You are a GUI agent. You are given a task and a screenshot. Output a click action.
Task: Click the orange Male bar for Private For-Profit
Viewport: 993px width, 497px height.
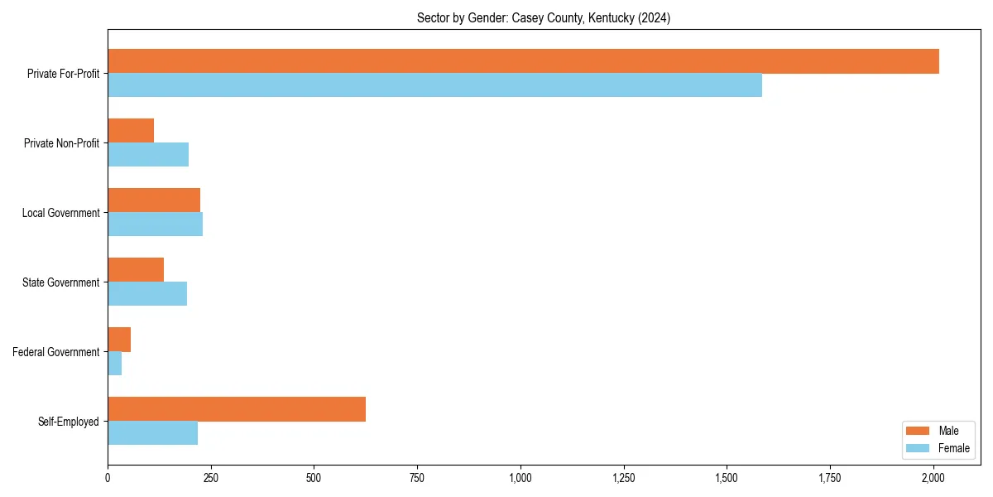coord(523,61)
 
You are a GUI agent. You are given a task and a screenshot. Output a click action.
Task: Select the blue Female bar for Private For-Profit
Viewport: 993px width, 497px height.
coord(434,85)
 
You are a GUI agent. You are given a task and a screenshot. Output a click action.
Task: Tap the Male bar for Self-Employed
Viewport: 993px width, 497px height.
coord(237,409)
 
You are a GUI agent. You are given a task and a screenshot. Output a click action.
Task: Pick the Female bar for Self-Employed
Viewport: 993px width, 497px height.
coord(152,433)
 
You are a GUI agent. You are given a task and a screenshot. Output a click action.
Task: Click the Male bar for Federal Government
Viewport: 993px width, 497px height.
coord(119,340)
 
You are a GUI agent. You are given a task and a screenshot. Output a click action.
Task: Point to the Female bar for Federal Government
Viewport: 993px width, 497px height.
coord(115,364)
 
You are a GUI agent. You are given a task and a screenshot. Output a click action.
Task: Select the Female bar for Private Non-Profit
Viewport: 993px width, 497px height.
coord(148,155)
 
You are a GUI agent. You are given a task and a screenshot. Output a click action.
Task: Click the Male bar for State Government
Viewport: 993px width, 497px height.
coord(136,270)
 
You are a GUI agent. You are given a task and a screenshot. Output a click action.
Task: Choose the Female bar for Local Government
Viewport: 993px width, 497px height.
coord(155,224)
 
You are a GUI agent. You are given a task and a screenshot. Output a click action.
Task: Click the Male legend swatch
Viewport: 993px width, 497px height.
coord(919,431)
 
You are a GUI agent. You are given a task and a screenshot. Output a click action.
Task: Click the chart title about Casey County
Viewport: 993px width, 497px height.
coord(544,18)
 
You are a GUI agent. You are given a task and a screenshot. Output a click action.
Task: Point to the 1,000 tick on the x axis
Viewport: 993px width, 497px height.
coord(520,478)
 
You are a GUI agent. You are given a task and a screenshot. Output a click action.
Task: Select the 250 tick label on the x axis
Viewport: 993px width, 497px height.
coord(210,478)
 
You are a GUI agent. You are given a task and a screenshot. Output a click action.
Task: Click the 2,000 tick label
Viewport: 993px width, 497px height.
coord(933,478)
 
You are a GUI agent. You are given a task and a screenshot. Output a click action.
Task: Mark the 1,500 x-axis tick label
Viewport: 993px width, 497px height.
coord(727,478)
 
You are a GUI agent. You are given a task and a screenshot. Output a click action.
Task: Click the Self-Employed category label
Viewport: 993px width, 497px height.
coord(69,422)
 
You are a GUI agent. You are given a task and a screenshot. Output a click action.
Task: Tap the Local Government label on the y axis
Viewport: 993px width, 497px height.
coord(61,213)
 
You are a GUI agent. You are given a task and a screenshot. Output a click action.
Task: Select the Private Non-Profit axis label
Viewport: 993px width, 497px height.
coord(62,143)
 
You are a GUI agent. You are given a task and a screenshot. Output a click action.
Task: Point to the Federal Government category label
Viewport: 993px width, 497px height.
coord(56,352)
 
